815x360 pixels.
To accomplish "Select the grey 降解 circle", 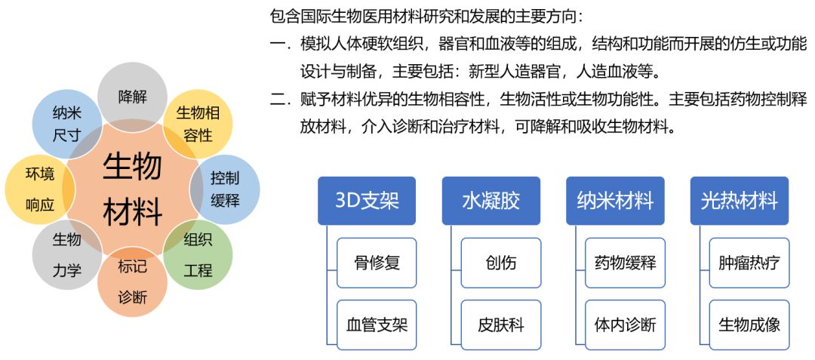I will click(x=132, y=95).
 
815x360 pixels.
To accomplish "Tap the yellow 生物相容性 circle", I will click(x=198, y=123).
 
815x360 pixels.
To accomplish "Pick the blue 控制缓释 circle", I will click(x=225, y=189).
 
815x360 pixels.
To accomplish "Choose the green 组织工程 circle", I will click(x=198, y=254).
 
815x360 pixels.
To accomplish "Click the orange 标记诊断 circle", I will click(x=132, y=281).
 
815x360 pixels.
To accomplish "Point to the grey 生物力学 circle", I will click(x=66, y=254).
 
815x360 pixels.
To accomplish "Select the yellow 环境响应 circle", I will click(x=39, y=189).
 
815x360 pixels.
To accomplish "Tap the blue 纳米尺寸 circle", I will click(x=66, y=123).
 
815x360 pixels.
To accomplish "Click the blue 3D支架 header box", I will click(x=366, y=201).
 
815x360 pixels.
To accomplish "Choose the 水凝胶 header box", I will click(x=491, y=201).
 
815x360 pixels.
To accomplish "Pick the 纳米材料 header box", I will click(x=615, y=201).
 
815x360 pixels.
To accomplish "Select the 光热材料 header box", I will click(x=739, y=201).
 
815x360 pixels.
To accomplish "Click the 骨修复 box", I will click(x=377, y=263).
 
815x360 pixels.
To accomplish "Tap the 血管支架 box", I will click(x=377, y=325).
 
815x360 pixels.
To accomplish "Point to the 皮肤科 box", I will click(x=501, y=325).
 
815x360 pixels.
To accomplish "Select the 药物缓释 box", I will click(x=626, y=263).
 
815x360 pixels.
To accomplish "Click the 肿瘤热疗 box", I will click(x=749, y=263).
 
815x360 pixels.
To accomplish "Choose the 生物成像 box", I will click(x=749, y=325).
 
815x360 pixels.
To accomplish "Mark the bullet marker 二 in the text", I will click(x=279, y=100).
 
